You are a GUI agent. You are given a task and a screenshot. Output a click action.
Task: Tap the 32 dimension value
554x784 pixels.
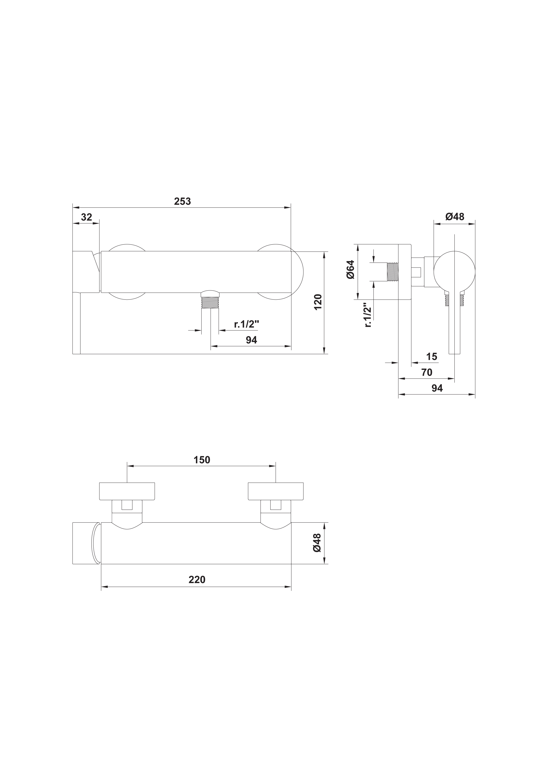(87, 217)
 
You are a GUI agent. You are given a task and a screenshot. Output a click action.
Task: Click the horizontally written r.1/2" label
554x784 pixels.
(246, 324)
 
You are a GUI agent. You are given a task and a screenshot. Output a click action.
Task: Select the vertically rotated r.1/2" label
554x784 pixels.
(368, 314)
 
